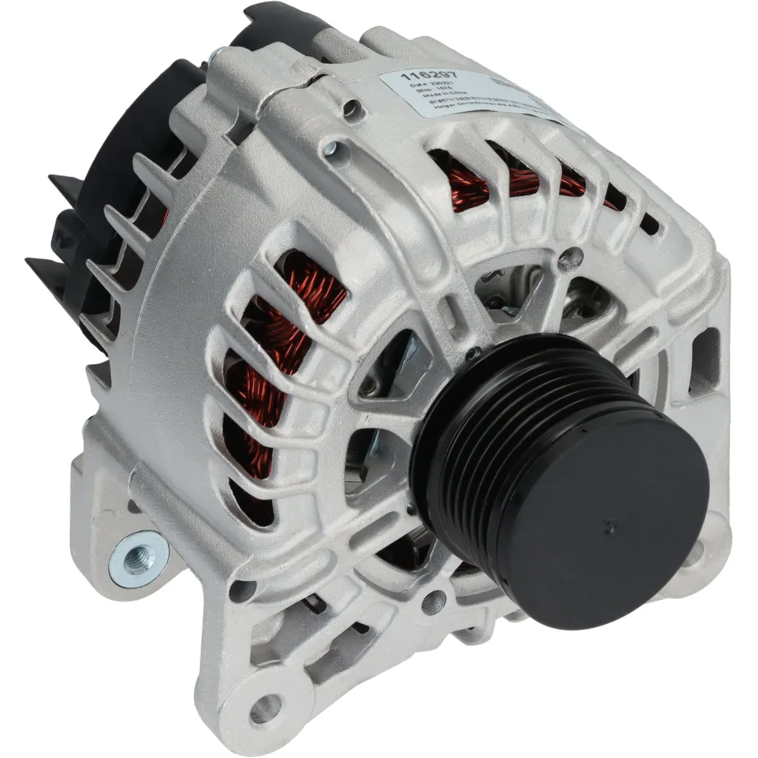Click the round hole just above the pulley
[568, 258]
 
